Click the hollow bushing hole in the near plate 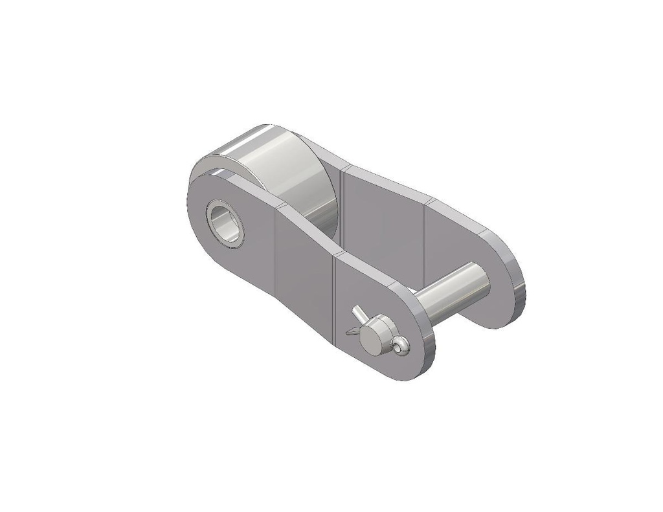pos(227,223)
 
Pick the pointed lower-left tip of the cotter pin pos(348,333)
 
